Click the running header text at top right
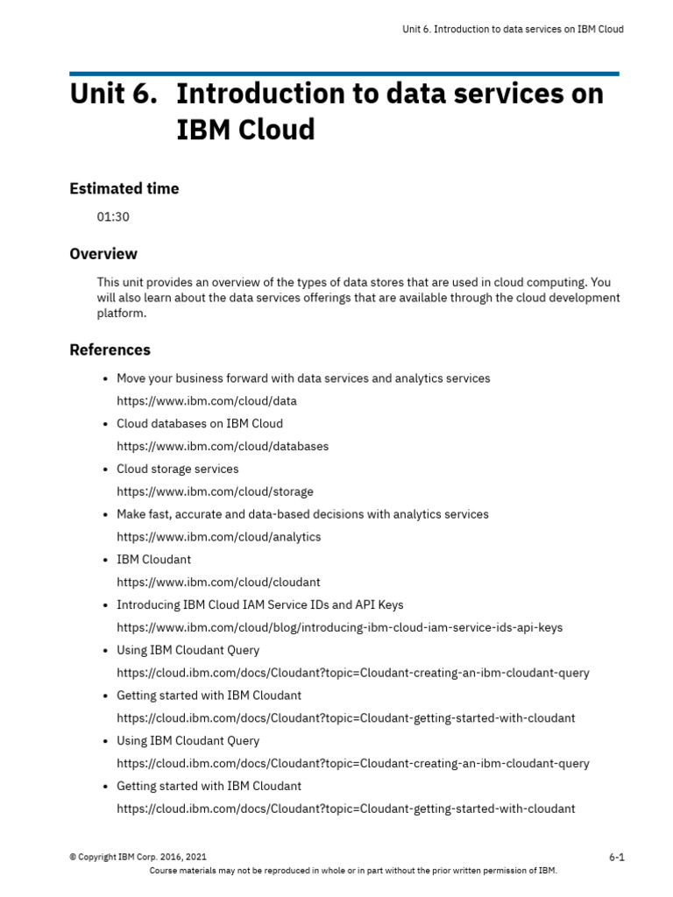point(513,29)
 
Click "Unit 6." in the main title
point(113,94)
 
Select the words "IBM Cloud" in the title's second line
point(245,130)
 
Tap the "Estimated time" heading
point(124,188)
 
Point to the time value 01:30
point(113,216)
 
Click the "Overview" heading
point(103,254)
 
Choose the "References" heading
point(110,350)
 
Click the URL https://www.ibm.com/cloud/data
point(207,401)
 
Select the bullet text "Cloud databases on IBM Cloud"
point(200,424)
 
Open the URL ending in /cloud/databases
point(223,447)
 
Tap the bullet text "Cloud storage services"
point(177,470)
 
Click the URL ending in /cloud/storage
point(215,492)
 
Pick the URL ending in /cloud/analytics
point(219,537)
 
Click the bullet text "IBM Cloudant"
point(153,560)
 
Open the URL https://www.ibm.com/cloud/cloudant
point(218,583)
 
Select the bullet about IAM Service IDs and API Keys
point(259,605)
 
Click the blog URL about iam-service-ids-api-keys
point(339,628)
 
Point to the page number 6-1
point(616,858)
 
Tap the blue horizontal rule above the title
point(344,74)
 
